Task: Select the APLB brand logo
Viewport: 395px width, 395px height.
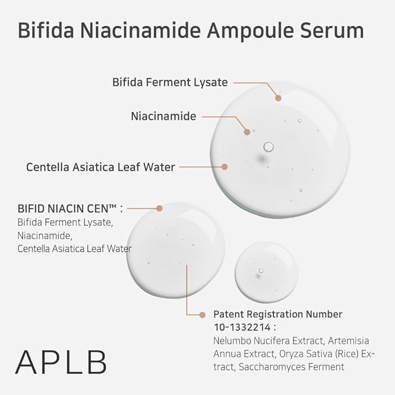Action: [x=61, y=361]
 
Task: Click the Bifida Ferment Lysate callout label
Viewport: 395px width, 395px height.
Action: [x=170, y=82]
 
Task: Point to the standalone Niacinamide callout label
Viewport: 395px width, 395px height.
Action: [x=163, y=116]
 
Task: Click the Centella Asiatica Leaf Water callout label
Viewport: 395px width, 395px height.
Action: [x=101, y=167]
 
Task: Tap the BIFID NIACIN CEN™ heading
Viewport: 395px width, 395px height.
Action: [x=70, y=207]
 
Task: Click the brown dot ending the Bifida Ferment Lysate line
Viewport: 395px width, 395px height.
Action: [x=279, y=98]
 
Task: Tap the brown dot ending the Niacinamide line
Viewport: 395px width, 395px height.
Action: [x=247, y=132]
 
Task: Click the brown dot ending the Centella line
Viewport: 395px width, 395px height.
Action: [x=224, y=166]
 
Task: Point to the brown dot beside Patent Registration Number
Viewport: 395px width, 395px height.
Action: [x=202, y=314]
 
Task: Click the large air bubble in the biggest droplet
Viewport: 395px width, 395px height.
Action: [x=268, y=146]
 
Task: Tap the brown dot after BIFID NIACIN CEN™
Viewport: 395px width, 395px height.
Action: [x=159, y=207]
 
